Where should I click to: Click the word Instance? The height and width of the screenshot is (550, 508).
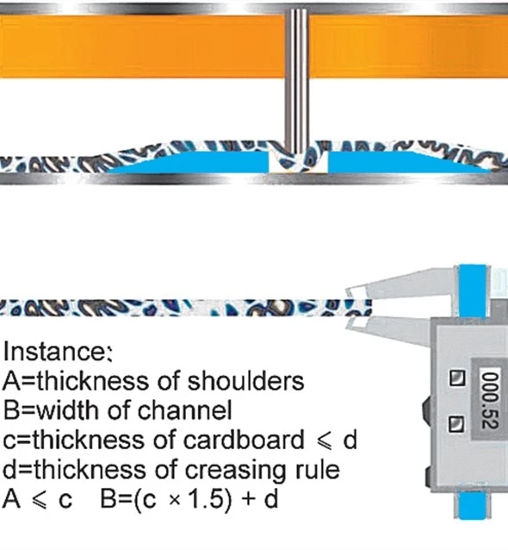pos(58,351)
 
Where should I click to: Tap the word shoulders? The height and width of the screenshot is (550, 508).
pos(245,381)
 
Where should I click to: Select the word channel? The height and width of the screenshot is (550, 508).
pos(184,410)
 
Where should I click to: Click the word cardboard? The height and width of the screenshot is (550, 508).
pos(244,440)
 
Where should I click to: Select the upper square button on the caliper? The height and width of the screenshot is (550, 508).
pos(457,378)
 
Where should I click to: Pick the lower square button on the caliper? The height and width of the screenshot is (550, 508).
pos(456,424)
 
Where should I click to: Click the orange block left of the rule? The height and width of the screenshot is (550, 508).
pos(142,46)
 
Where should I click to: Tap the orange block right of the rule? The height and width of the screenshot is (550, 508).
pos(408,46)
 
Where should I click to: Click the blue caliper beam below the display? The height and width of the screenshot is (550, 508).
pos(471,505)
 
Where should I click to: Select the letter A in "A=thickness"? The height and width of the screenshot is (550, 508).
pos(10,381)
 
